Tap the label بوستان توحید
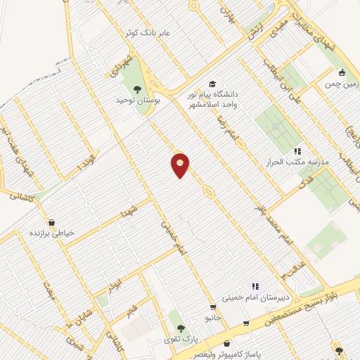point(139,101)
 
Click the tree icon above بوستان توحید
point(136,89)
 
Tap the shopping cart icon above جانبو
point(213,307)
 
